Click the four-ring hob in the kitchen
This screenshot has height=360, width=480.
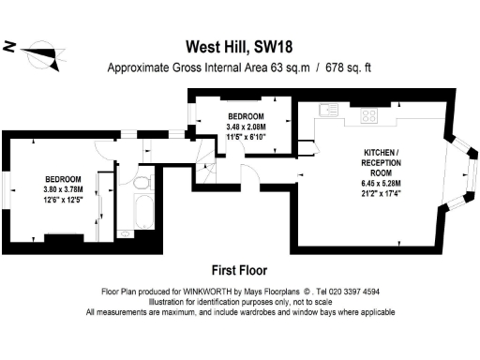point(368,116)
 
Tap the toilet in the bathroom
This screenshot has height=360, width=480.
point(143,181)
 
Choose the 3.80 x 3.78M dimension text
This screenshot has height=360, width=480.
point(63,188)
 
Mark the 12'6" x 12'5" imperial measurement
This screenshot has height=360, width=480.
point(63,199)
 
